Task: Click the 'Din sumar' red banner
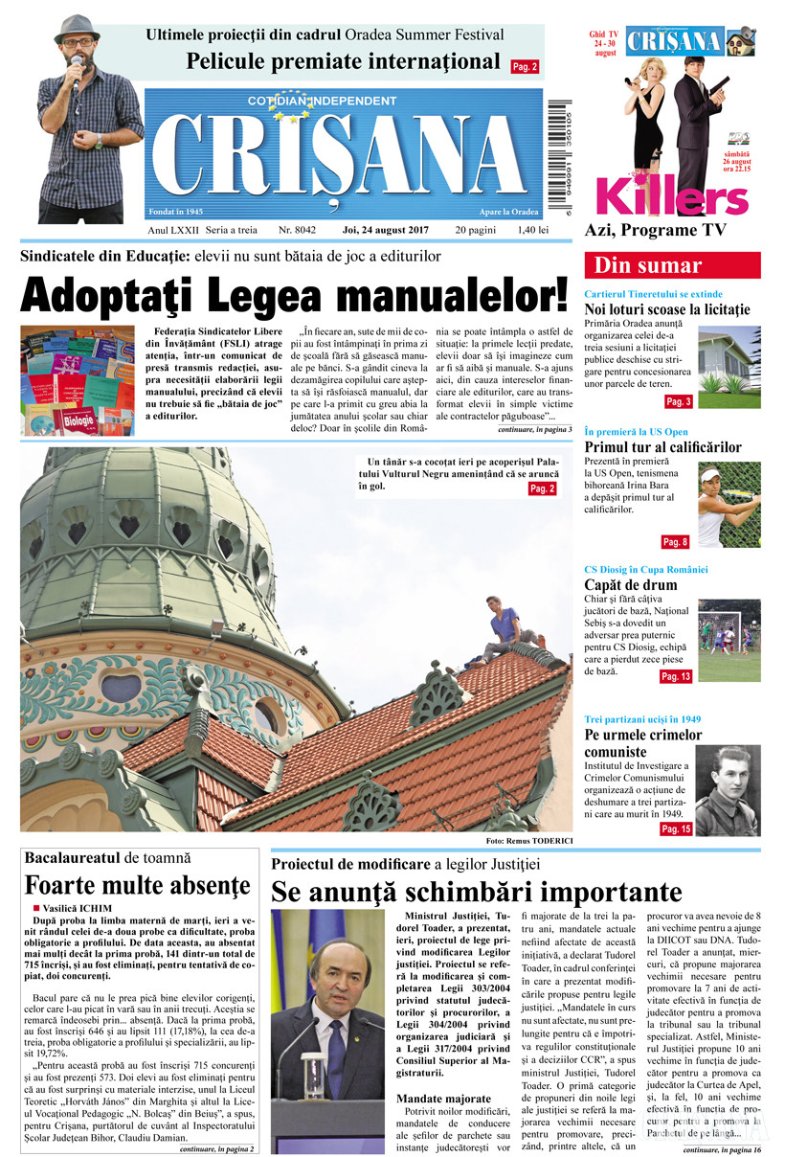[x=672, y=265]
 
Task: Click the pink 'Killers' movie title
[x=671, y=196]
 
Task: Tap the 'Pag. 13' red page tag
[x=675, y=677]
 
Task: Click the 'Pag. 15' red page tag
[x=675, y=828]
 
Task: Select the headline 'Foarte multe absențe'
[x=138, y=885]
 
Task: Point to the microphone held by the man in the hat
[x=77, y=73]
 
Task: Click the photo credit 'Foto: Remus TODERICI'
[x=528, y=840]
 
